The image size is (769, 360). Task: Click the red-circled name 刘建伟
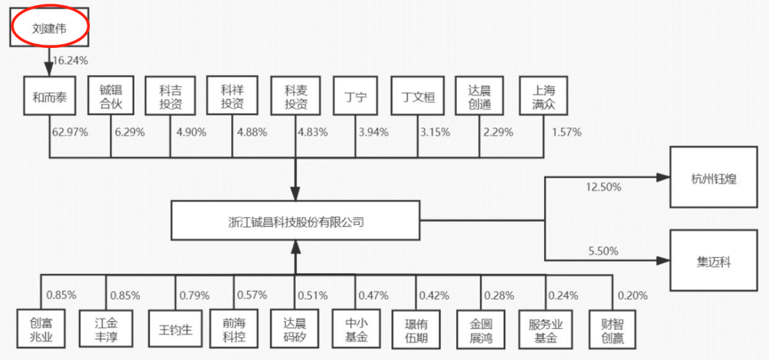click(x=49, y=27)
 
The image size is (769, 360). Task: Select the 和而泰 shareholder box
click(x=49, y=96)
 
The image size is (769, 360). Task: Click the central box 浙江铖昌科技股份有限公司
click(x=295, y=222)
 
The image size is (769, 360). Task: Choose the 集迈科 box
click(x=713, y=261)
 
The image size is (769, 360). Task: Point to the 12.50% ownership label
click(x=604, y=187)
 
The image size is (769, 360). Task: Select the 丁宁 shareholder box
click(x=355, y=96)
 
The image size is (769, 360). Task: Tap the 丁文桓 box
click(x=418, y=96)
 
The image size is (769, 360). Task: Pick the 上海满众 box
click(x=544, y=96)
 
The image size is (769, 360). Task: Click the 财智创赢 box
click(x=612, y=330)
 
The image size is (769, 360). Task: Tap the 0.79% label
click(x=194, y=296)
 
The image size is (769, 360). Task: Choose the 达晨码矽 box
click(x=294, y=330)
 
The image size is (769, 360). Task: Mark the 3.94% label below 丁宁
click(x=373, y=132)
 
